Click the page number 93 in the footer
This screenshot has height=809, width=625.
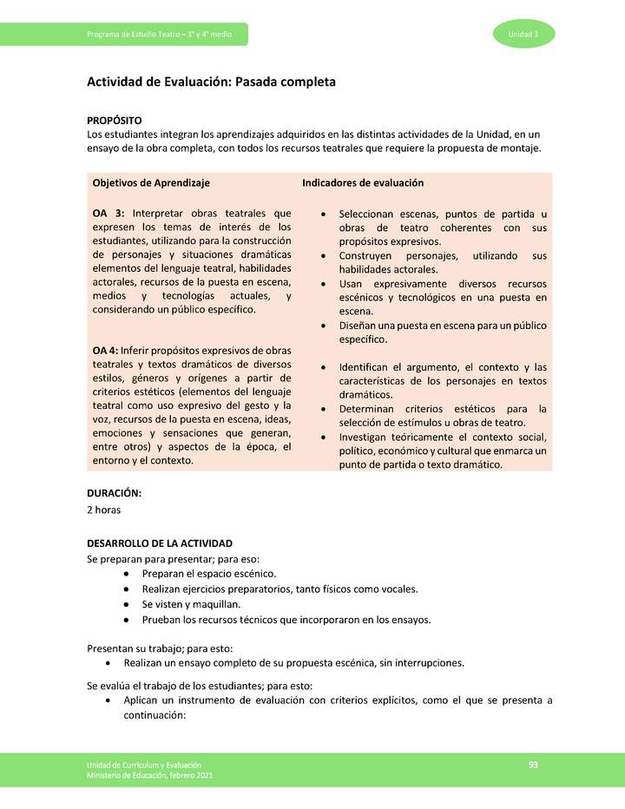click(534, 764)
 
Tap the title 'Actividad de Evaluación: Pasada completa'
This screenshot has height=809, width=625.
click(211, 82)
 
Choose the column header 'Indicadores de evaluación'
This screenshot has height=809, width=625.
click(362, 183)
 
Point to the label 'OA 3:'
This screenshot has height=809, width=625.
click(109, 213)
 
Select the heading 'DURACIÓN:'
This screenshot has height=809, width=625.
click(114, 493)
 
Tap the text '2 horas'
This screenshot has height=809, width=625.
click(103, 510)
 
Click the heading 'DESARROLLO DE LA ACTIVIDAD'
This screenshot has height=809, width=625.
click(159, 543)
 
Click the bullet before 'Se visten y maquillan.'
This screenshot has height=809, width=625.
click(128, 605)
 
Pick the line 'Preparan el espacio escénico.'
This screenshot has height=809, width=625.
click(208, 574)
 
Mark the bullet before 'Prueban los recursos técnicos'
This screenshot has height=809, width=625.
click(128, 621)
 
